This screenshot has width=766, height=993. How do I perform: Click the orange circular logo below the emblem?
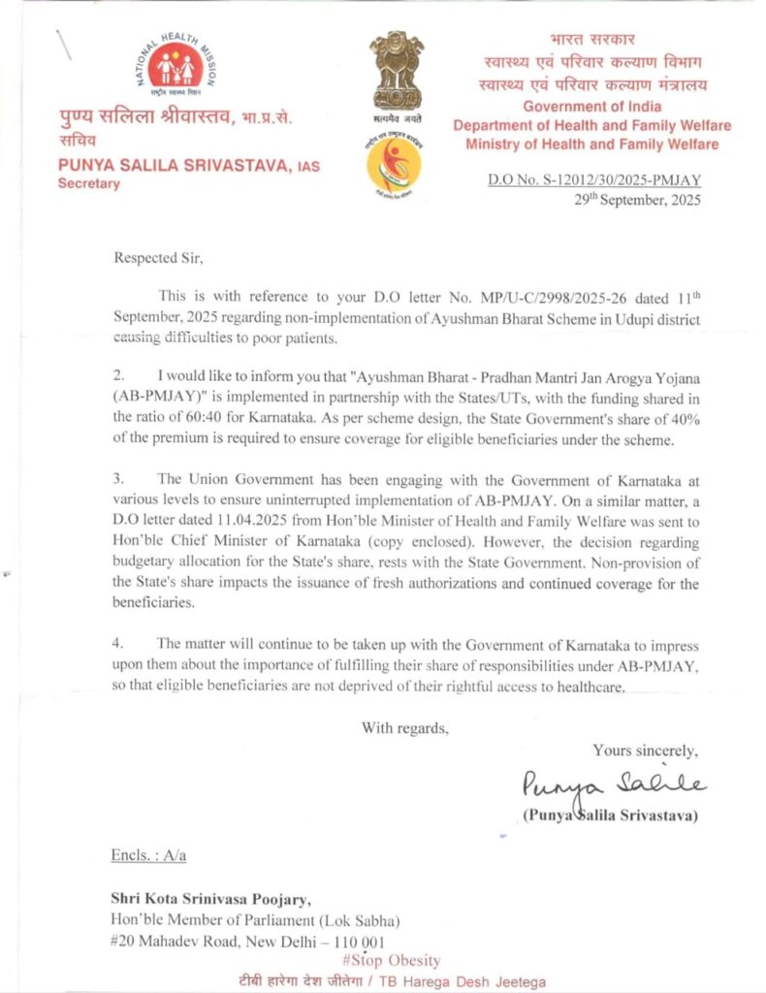pyautogui.click(x=394, y=164)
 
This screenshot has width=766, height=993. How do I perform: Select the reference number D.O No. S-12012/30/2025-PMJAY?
pyautogui.click(x=593, y=180)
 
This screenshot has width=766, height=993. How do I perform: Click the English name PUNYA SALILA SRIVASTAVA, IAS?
pyautogui.click(x=189, y=167)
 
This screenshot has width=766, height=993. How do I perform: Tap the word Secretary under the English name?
pyautogui.click(x=88, y=183)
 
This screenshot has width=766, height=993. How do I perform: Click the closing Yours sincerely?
pyautogui.click(x=645, y=751)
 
